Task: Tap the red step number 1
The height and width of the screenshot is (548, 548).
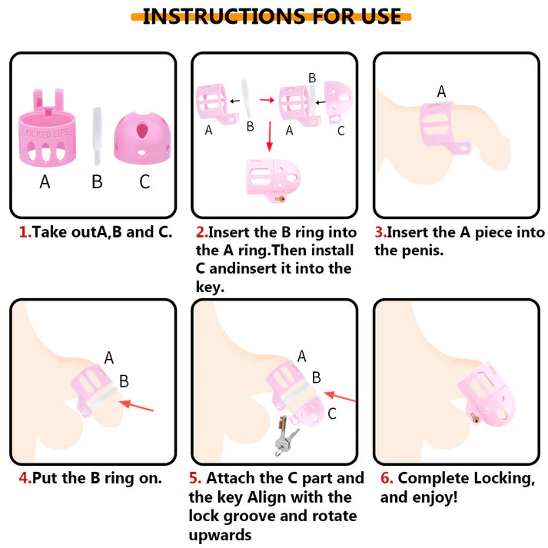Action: pos(25,232)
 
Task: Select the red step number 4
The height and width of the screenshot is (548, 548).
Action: pos(25,478)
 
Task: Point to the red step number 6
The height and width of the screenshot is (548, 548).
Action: pos(386,478)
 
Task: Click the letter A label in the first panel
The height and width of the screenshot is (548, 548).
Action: pos(45,181)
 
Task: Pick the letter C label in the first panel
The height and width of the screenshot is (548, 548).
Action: pos(144,181)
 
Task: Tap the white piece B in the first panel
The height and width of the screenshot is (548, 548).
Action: pos(97,136)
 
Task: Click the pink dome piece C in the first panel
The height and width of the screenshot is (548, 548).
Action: pos(142,138)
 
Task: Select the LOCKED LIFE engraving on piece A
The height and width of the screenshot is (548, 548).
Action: pos(46,133)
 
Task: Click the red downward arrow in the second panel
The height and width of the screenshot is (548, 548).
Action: pos(269,137)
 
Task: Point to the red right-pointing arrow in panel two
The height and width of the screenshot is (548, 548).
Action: pos(267,101)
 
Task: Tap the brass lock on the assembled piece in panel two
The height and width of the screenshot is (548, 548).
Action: pos(281,199)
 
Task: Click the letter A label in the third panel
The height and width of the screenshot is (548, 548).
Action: pos(441,91)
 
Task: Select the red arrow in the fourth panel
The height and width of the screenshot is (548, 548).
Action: pos(136,406)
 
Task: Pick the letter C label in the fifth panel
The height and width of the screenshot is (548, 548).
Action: pos(332,413)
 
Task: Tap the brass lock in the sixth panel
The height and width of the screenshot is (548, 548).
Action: pos(475,417)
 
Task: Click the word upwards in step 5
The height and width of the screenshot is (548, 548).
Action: pos(220,535)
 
